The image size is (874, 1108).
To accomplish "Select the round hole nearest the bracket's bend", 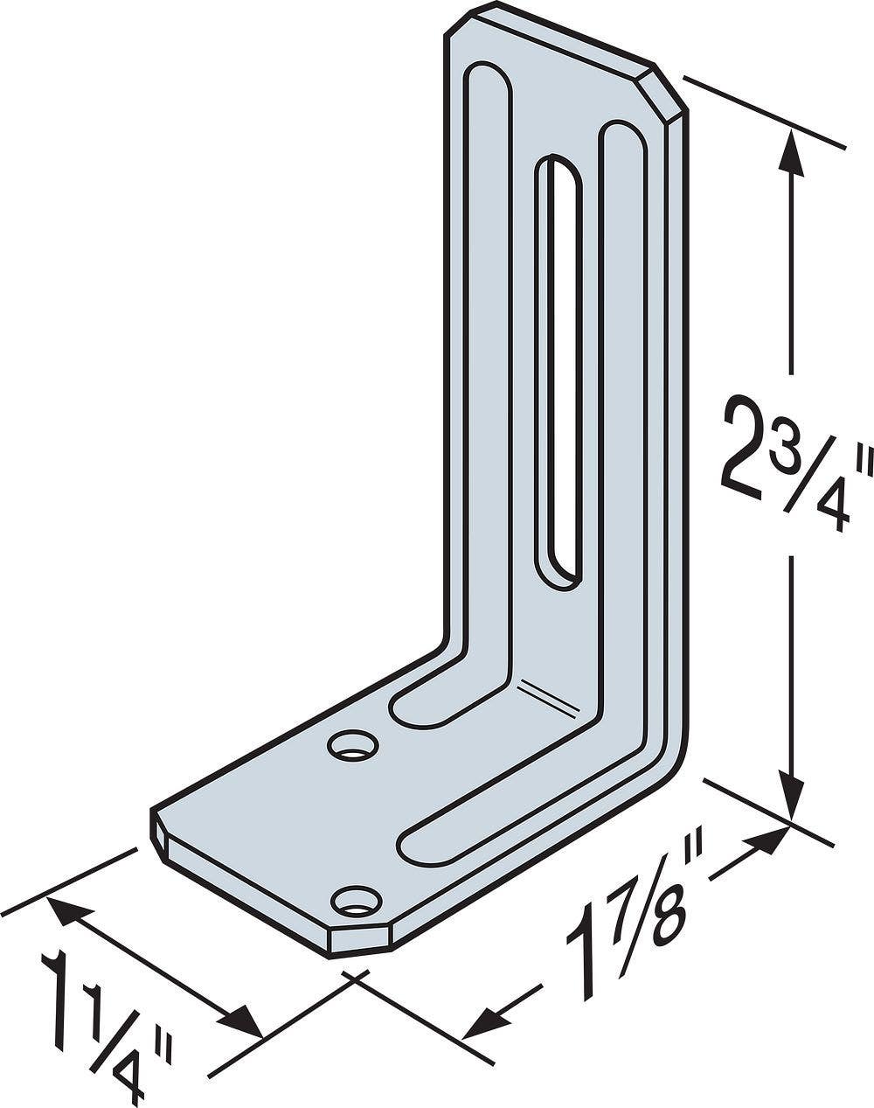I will [353, 746].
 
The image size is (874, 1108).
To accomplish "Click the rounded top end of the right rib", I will [622, 139].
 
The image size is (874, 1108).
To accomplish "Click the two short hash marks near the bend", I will [545, 695].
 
